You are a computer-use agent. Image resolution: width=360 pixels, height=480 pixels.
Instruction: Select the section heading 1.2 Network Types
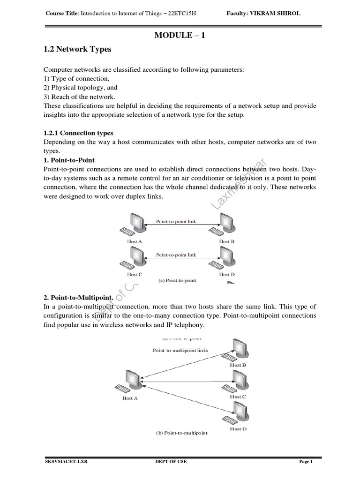[x=77, y=49]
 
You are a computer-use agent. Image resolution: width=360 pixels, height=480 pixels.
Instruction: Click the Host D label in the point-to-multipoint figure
[x=238, y=429]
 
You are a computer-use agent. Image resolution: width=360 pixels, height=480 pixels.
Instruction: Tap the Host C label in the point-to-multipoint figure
[x=238, y=397]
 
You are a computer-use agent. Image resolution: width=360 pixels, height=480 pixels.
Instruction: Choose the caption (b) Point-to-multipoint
[x=181, y=433]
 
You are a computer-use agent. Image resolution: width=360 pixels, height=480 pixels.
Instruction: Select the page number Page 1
[x=305, y=462]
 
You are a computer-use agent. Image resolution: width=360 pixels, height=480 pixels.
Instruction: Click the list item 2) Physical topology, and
[x=80, y=88]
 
